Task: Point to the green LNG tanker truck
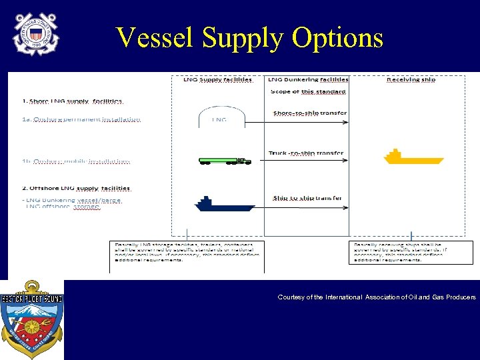(225, 161)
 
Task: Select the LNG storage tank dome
(219, 118)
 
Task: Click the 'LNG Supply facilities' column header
(217, 79)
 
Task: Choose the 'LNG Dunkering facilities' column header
(308, 79)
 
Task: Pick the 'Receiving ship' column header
(411, 79)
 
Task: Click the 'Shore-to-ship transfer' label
(309, 113)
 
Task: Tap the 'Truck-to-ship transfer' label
(306, 153)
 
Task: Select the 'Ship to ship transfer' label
(307, 198)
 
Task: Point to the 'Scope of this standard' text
(308, 91)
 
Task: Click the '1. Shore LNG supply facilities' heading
(72, 101)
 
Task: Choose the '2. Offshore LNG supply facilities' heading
(76, 189)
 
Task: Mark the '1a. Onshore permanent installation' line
(81, 119)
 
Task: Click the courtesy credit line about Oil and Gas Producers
(377, 297)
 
